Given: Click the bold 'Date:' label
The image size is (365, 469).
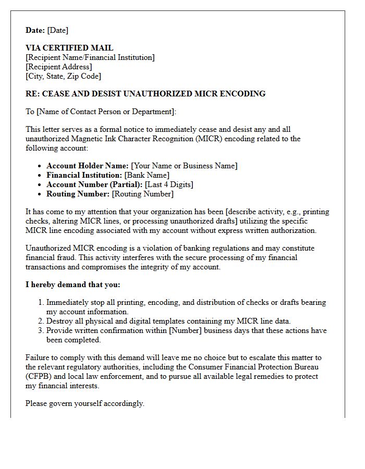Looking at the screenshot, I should [35, 30].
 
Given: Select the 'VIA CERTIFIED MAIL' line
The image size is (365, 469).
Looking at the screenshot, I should [69, 48].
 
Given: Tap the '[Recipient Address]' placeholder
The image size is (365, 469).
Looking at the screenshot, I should [59, 67].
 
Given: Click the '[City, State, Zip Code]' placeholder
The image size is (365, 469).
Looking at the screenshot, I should [63, 76].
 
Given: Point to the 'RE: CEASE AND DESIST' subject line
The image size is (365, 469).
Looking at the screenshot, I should [145, 94].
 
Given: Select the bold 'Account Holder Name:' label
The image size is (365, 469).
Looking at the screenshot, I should [88, 166].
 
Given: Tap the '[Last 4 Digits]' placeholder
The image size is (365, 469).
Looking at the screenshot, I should [169, 184].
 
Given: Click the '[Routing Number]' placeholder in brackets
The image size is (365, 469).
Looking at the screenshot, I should [143, 194].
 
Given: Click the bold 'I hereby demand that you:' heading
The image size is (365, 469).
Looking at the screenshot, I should [73, 285].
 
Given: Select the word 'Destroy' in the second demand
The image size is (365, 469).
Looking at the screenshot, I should [59, 321].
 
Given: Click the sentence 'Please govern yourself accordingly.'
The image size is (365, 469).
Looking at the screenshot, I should [85, 403].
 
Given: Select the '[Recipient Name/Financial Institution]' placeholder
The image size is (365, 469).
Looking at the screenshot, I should [90, 57].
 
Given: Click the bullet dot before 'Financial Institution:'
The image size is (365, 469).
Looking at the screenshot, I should [40, 176].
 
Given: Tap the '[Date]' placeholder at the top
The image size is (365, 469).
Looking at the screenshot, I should [58, 30].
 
